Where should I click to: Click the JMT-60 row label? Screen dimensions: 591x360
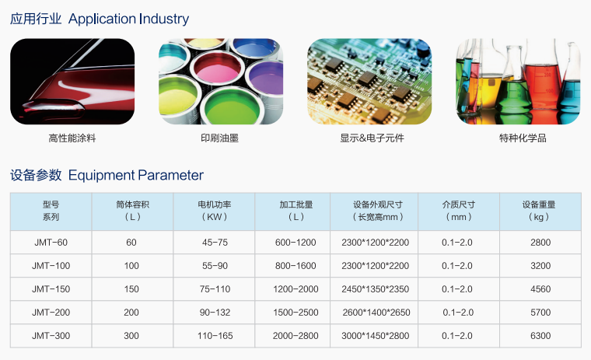pyautogui.click(x=51, y=243)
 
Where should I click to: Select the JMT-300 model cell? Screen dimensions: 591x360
pyautogui.click(x=51, y=335)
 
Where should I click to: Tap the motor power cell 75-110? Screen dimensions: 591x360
pyautogui.click(x=215, y=289)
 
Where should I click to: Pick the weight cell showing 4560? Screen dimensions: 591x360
pyautogui.click(x=540, y=289)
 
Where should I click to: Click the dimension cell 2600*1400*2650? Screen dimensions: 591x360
pyautogui.click(x=376, y=313)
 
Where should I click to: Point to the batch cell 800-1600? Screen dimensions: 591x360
pyautogui.click(x=295, y=266)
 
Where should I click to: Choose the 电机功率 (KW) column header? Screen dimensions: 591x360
pyautogui.click(x=214, y=211)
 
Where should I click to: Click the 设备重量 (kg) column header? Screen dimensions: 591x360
pyautogui.click(x=539, y=211)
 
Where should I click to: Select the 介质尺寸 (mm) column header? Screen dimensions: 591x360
pyautogui.click(x=458, y=211)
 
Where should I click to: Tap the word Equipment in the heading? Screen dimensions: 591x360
pyautogui.click(x=101, y=176)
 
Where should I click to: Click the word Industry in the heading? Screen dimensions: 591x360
pyautogui.click(x=164, y=19)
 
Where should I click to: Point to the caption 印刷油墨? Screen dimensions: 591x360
pyautogui.click(x=220, y=138)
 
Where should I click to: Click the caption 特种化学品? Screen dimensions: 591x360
pyautogui.click(x=523, y=138)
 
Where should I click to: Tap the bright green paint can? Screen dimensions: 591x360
pyautogui.click(x=232, y=107)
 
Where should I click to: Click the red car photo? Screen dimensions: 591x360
pyautogui.click(x=72, y=82)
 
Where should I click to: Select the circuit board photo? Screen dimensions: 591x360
pyautogui.click(x=369, y=82)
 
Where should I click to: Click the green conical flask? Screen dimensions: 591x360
pyautogui.click(x=513, y=90)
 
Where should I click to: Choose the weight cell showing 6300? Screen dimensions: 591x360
pyautogui.click(x=540, y=335)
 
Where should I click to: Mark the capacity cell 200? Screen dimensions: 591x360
pyautogui.click(x=131, y=313)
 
